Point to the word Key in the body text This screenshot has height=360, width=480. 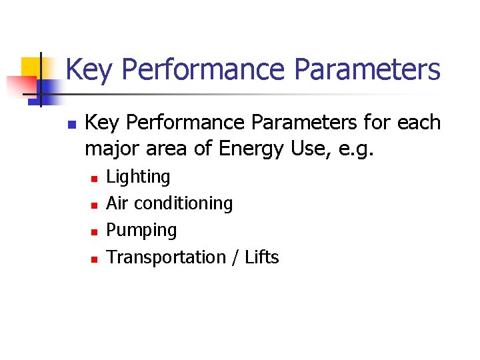click(x=100, y=123)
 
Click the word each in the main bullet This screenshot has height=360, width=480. click(x=418, y=123)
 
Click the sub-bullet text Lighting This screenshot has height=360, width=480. click(x=138, y=177)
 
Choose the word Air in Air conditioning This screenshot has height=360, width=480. click(x=117, y=203)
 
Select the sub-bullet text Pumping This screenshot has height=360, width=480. click(x=141, y=231)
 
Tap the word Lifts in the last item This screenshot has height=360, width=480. click(x=261, y=257)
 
